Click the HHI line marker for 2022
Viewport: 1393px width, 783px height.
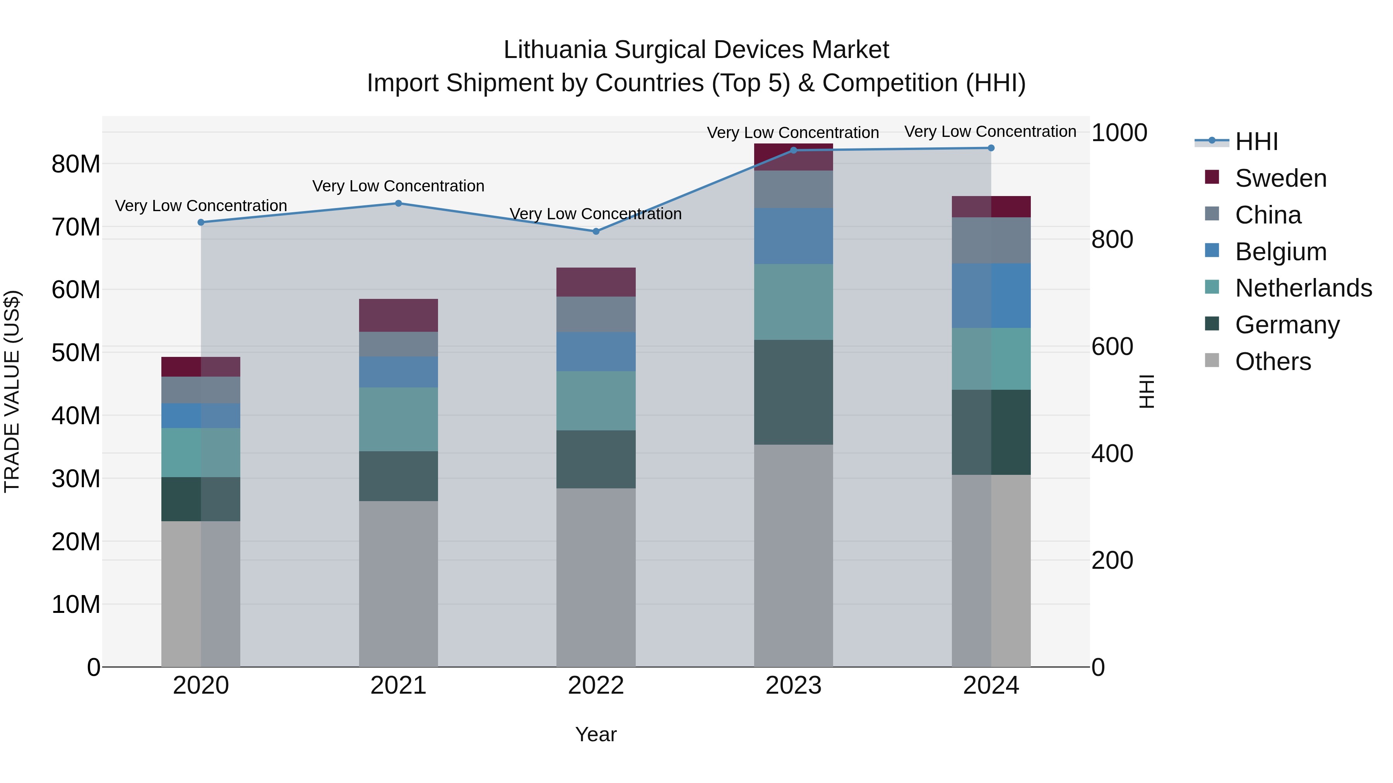596,231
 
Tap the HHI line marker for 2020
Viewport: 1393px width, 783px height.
201,222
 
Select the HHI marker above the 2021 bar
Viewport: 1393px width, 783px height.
399,203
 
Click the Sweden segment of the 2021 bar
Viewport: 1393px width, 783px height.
399,315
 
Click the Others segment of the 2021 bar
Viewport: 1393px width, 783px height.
399,583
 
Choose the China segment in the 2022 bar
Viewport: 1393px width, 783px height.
596,314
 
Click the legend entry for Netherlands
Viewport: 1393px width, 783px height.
1303,288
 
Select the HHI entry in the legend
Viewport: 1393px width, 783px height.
1256,142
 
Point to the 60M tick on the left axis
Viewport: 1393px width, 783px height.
76,290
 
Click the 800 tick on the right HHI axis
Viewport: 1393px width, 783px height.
1112,239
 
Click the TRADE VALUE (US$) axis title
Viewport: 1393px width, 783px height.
12,391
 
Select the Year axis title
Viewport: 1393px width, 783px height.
596,734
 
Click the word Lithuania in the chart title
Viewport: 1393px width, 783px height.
555,50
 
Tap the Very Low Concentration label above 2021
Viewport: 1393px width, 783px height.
399,186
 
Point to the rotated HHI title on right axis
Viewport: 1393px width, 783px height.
1147,391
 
